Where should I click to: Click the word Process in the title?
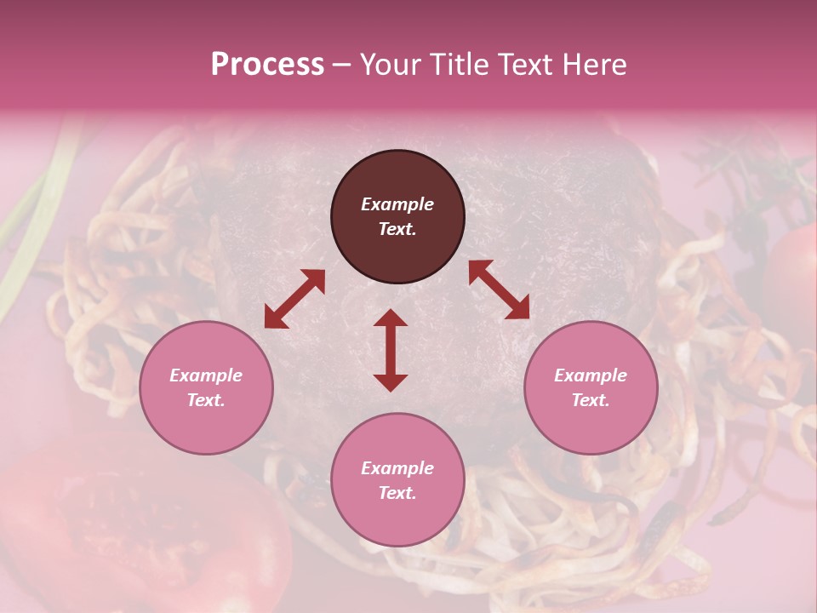click(267, 65)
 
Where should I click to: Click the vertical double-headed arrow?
click(391, 350)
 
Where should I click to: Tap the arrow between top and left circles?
click(294, 298)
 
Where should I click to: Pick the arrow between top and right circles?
click(499, 289)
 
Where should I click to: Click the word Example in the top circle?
click(397, 204)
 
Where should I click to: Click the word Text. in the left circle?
click(206, 400)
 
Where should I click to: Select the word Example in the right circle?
click(591, 375)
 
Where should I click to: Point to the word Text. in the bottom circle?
click(397, 493)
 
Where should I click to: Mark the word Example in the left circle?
click(206, 375)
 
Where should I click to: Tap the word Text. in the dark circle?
click(397, 229)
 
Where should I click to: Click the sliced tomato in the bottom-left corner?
click(145, 528)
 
